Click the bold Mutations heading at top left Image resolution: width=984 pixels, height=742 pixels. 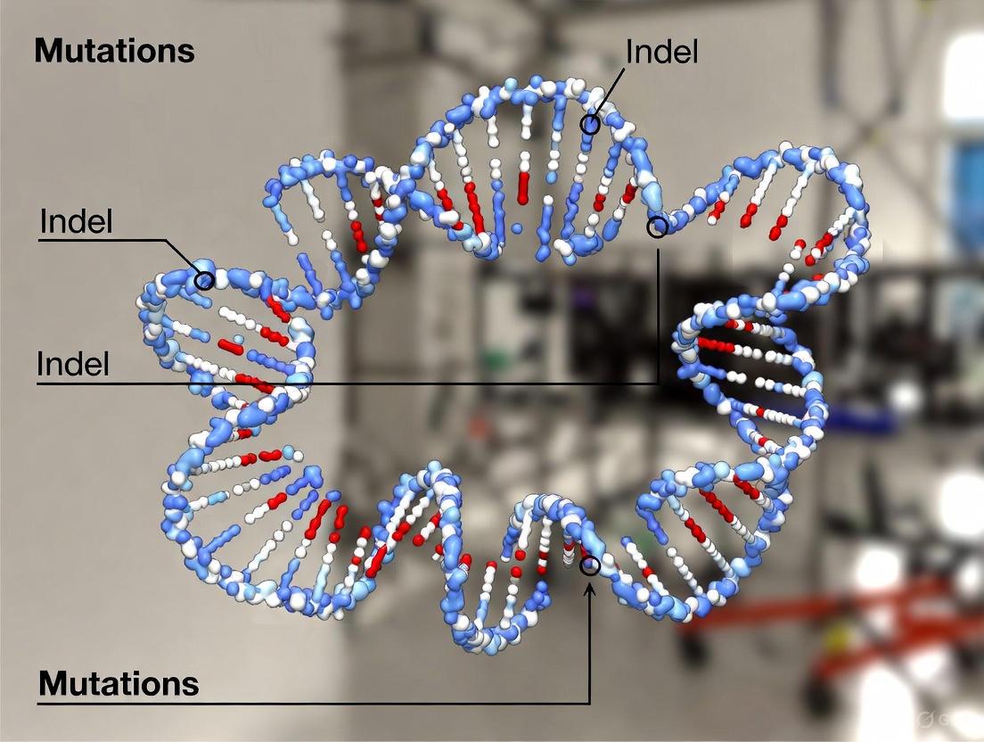114,51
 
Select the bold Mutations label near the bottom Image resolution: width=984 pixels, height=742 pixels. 118,684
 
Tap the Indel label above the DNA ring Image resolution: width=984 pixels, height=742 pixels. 661,51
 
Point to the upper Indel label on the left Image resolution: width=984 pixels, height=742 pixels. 77,222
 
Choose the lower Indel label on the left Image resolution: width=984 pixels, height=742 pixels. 73,364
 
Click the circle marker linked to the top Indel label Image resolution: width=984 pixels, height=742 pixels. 589,124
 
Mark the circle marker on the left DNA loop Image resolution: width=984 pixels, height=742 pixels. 204,281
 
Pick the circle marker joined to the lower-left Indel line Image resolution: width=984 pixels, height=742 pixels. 657,227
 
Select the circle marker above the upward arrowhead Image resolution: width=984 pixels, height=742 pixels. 589,565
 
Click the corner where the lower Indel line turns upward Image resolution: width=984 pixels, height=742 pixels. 658,383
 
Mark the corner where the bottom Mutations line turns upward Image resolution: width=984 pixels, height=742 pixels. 589,704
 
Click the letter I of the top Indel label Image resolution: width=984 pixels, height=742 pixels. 630,51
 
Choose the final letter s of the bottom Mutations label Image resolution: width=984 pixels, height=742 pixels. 190,684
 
